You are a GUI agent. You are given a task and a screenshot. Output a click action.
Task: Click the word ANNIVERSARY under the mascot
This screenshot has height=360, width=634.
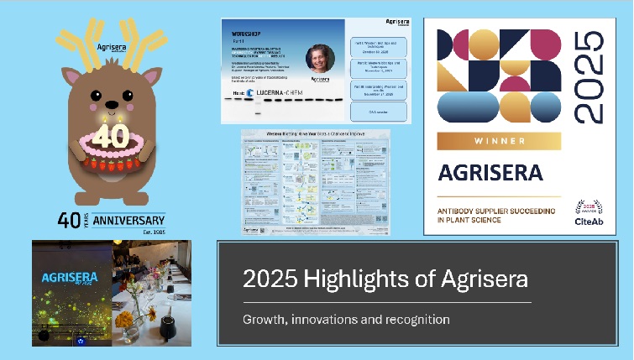tap(129, 222)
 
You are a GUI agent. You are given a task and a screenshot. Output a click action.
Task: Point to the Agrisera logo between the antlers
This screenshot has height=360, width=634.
tap(111, 48)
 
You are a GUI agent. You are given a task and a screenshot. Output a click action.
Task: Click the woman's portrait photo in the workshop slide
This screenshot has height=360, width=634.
tap(320, 60)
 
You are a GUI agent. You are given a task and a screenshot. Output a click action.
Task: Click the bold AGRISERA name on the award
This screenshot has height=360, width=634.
tap(490, 173)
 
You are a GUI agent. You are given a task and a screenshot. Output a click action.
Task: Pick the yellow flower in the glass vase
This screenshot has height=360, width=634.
tap(124, 320)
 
